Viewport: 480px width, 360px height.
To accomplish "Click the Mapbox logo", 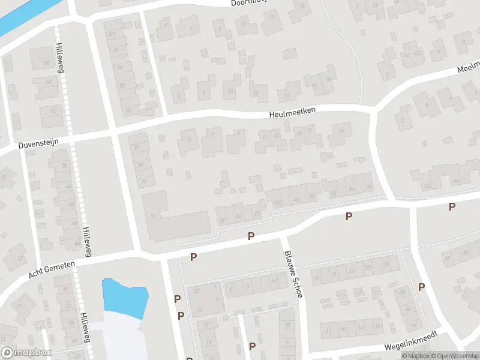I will tap(26, 353).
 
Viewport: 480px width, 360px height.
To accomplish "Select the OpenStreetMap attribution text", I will tap(454, 356).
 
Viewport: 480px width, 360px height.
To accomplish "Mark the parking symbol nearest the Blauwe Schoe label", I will tap(251, 237).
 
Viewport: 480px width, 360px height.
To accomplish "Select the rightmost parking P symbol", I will tap(452, 207).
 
